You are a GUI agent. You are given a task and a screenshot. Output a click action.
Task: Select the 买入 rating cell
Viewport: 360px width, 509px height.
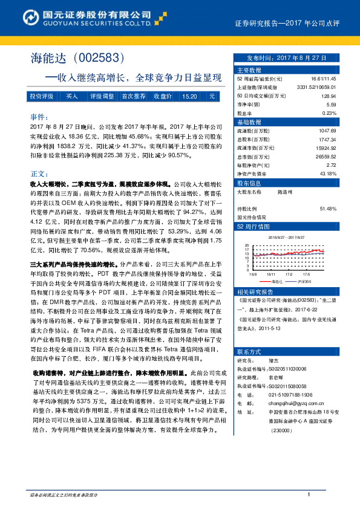tap(72, 96)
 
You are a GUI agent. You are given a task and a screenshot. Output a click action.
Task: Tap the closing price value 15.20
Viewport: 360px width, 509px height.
tap(189, 96)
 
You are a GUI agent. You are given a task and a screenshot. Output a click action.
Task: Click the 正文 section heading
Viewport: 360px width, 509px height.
tap(38, 173)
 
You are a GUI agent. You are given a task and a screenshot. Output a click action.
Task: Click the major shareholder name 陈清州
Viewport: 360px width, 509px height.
tap(285, 191)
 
